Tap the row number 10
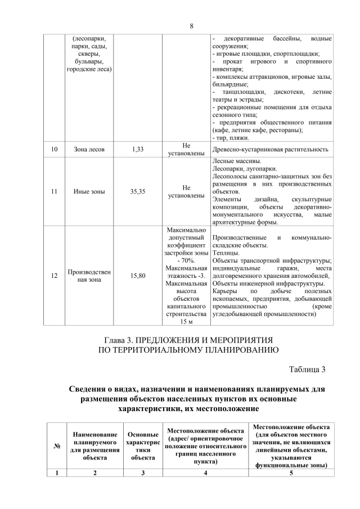[x=54, y=150]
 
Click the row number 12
[x=54, y=276]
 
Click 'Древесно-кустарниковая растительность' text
[x=271, y=150]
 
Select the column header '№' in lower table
[x=57, y=447]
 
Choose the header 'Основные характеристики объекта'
[x=143, y=447]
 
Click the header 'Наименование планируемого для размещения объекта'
[x=95, y=447]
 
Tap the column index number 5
[x=291, y=473]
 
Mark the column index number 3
[x=143, y=473]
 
